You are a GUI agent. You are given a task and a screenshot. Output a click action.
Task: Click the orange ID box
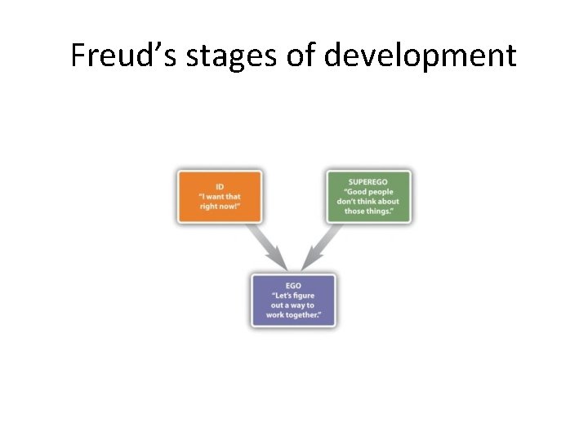point(220,196)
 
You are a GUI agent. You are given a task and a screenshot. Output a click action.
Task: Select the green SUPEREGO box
point(369,196)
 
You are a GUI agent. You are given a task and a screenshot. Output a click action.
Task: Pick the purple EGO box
point(294,301)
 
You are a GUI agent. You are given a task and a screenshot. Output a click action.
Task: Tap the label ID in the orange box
point(220,186)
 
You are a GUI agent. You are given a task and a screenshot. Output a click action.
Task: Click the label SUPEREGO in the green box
point(369,181)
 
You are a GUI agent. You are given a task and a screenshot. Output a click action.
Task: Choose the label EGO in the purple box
point(294,286)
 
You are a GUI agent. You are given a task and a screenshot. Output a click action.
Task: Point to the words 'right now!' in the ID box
point(220,206)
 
